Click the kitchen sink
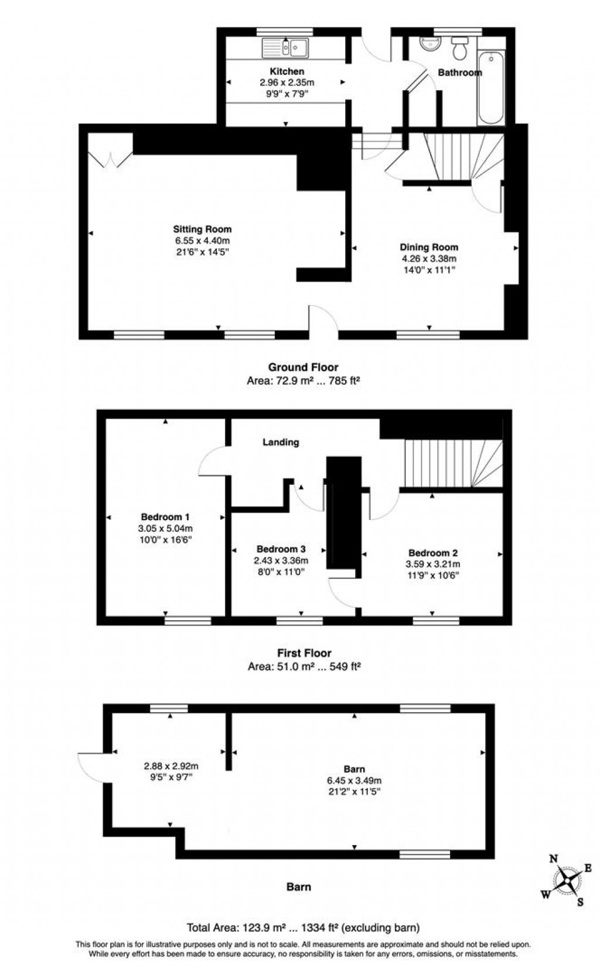click(285, 47)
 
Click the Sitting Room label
click(202, 229)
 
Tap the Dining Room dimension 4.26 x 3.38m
click(429, 258)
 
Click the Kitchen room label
click(287, 71)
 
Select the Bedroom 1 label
click(165, 517)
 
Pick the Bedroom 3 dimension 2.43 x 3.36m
click(281, 560)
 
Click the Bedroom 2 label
click(433, 553)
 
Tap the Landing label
click(281, 442)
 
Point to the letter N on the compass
click(553, 859)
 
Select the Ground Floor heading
click(303, 367)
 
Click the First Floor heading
click(304, 653)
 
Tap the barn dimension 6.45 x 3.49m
click(354, 781)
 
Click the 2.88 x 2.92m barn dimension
click(171, 766)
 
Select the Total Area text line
click(303, 928)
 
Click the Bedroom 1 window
click(187, 620)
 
